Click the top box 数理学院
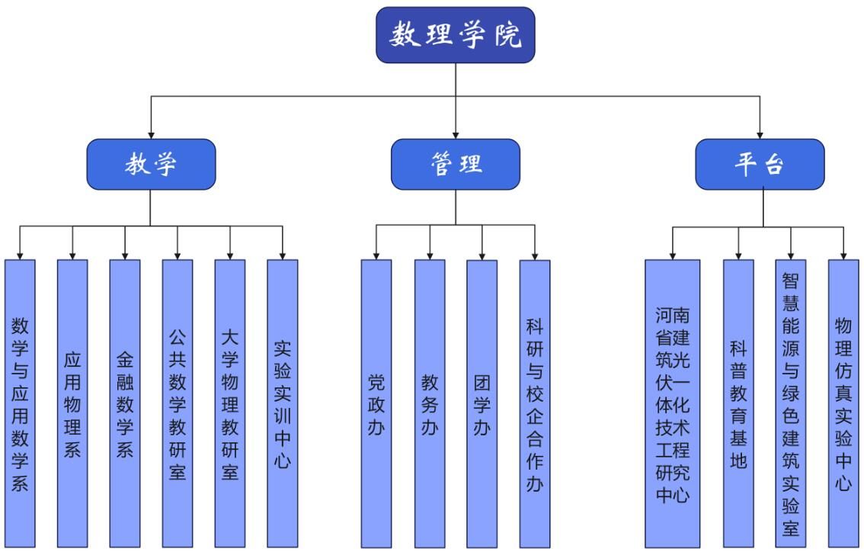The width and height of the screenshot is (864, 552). [x=455, y=35]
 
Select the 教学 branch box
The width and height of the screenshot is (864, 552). [x=150, y=164]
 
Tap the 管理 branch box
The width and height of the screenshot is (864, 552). [x=455, y=164]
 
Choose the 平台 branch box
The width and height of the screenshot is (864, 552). [x=760, y=164]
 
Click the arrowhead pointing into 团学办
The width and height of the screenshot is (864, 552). [x=482, y=255]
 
